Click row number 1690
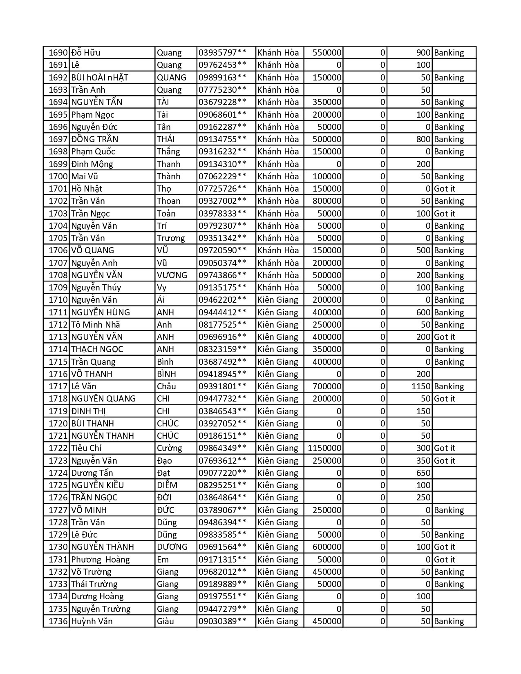58,53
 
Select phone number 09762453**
222,65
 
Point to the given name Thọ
164,189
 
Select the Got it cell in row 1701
445,189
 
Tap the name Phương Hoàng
100,560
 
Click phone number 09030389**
222,621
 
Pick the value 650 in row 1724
423,473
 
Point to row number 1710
58,300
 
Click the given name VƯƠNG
172,275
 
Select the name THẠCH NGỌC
97,349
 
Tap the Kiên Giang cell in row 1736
278,621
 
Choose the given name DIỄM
167,485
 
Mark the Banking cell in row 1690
449,53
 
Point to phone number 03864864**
222,498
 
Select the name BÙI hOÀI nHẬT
100,78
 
